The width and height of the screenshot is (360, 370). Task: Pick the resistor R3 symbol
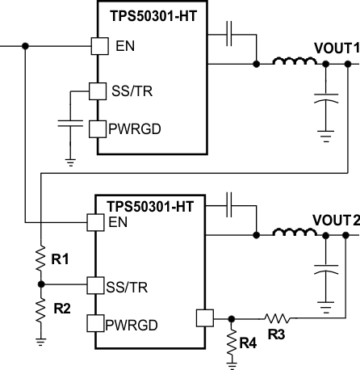pos(276,317)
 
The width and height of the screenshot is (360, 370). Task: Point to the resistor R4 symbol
pos(232,340)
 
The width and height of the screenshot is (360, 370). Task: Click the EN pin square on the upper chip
pos(98,46)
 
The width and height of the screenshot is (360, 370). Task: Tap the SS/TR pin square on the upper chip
pos(97,91)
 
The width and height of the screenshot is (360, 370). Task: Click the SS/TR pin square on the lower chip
pos(95,284)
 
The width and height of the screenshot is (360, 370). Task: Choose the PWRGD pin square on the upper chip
pos(97,128)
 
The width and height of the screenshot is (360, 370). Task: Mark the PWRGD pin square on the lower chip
pos(95,324)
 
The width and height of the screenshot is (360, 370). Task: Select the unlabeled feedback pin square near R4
pos(203,317)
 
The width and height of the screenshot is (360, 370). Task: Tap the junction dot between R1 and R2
pos(40,284)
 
